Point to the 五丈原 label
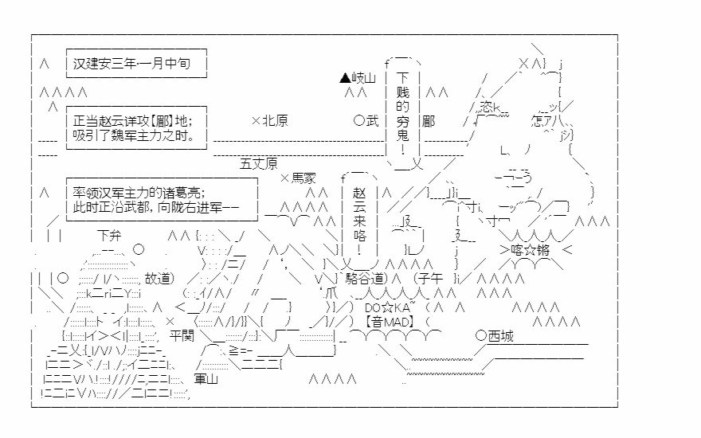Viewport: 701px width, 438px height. [259, 164]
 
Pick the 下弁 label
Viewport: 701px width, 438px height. [110, 236]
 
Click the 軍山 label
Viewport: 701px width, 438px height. [206, 379]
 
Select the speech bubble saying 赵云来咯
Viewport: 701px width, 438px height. [358, 215]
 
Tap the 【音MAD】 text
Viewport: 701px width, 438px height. [388, 322]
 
